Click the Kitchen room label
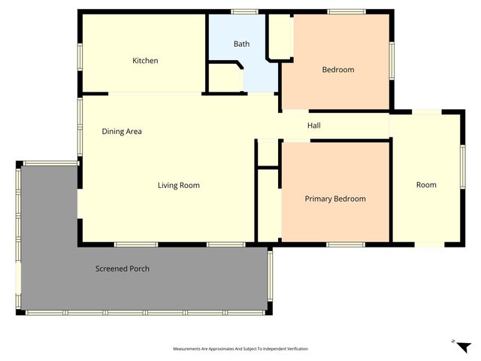[x=145, y=61]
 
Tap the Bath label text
[x=241, y=44]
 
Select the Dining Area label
[x=122, y=132]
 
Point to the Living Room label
[x=178, y=185]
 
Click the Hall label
[x=314, y=126]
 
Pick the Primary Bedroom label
[x=334, y=199]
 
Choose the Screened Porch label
[x=122, y=268]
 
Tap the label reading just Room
[x=426, y=185]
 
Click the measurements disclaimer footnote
[x=240, y=349]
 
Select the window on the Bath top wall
[x=244, y=11]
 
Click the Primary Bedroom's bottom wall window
[x=345, y=244]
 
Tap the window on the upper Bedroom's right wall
[x=392, y=60]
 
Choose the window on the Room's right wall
[x=462, y=166]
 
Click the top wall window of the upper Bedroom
[x=346, y=11]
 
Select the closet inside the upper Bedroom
[x=280, y=36]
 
